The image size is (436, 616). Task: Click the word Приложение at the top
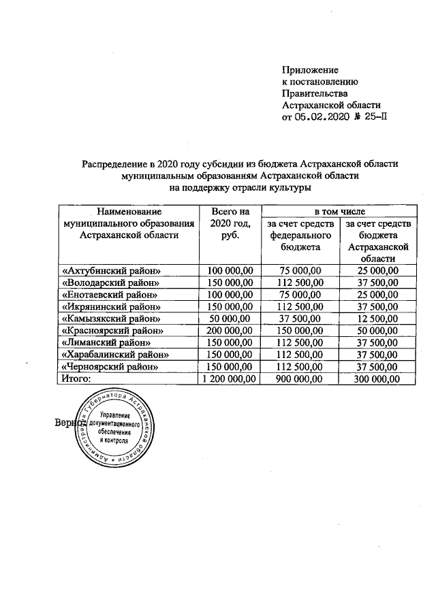coord(310,69)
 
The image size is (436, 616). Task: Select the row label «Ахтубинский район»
coord(110,271)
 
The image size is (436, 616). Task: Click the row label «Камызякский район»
coord(110,319)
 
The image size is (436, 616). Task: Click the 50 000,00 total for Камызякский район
coord(230,319)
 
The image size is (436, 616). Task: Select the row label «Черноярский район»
coord(110,367)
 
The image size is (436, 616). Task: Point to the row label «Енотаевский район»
coord(110,295)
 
